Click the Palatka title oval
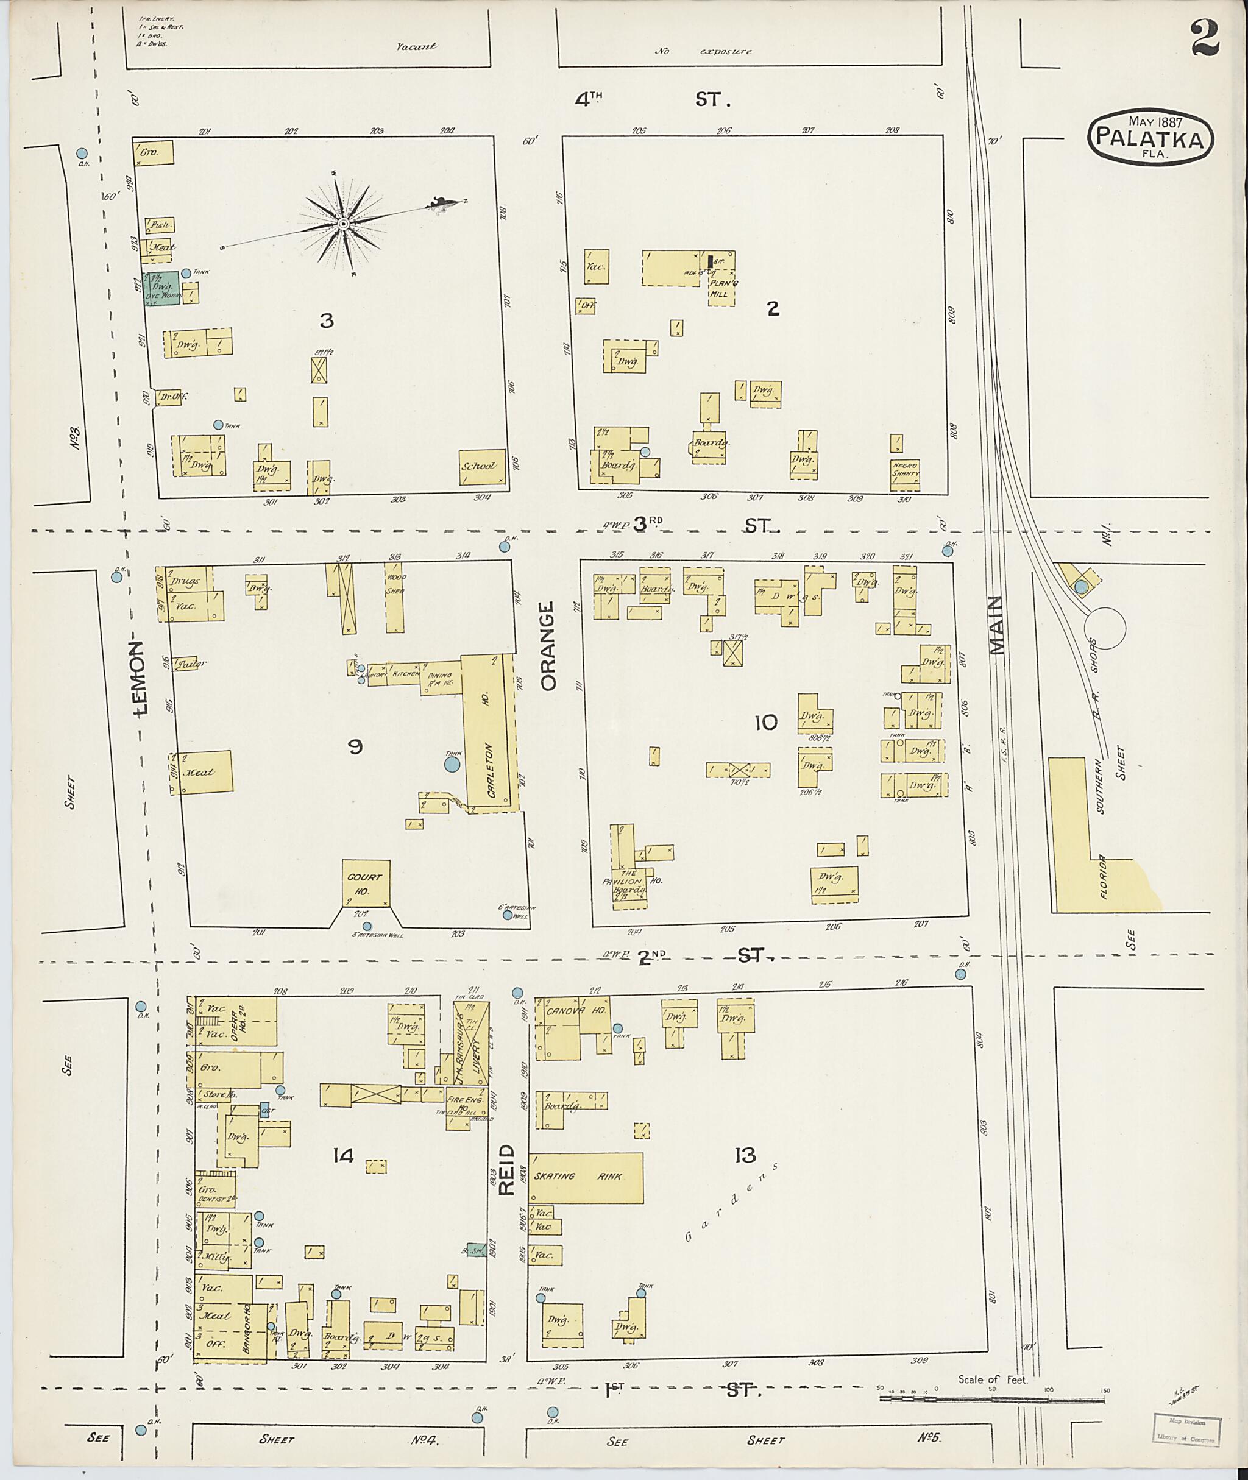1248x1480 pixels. (1151, 136)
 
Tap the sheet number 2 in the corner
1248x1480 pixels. (1205, 39)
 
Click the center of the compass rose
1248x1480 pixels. (342, 224)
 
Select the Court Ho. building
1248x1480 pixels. (366, 882)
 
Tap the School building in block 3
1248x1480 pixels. (481, 466)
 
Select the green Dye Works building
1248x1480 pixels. (162, 289)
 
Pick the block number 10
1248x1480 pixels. (765, 722)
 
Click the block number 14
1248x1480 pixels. (343, 1155)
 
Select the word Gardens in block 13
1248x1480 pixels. (732, 1200)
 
